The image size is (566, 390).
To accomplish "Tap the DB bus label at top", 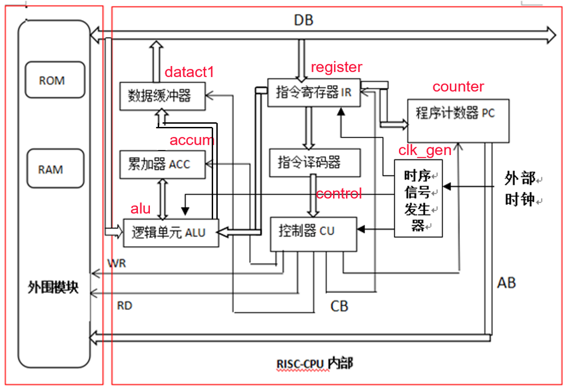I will tap(304, 20).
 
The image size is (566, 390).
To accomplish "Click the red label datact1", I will tap(189, 72).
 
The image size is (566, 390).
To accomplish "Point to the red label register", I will tap(336, 67).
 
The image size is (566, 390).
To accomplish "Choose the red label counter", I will tap(458, 87).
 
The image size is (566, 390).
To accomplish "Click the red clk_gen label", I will tap(425, 150).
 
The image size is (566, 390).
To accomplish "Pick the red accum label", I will tap(192, 140).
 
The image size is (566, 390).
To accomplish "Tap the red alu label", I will tap(140, 209).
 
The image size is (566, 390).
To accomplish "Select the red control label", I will tap(339, 194).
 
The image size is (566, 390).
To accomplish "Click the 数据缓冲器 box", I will tap(162, 96).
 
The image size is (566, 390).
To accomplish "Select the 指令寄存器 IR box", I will tap(314, 92).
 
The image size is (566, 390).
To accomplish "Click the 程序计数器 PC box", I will tap(458, 120).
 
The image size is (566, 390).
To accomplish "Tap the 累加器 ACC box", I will tap(162, 164).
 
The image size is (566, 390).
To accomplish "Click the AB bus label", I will tap(506, 282).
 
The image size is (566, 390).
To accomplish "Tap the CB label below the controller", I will tap(339, 306).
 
